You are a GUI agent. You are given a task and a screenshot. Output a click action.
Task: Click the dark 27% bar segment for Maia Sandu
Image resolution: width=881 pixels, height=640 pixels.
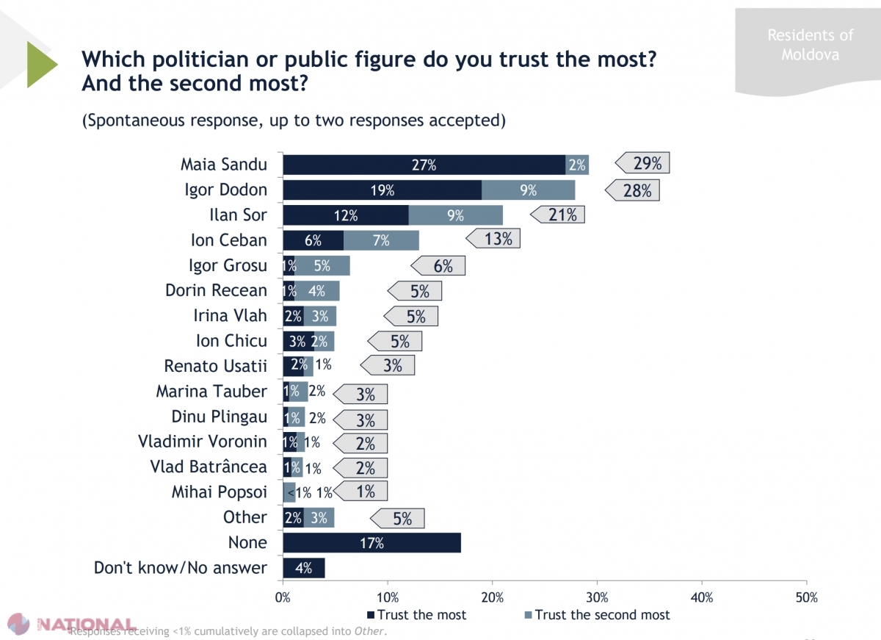(x=424, y=165)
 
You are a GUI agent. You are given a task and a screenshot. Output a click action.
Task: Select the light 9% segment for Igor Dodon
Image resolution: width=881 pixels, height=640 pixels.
(x=529, y=190)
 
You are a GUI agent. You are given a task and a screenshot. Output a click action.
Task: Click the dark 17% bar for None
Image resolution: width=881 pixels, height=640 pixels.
(x=371, y=543)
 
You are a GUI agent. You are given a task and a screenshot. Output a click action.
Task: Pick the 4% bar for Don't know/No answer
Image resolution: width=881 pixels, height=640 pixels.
(x=303, y=568)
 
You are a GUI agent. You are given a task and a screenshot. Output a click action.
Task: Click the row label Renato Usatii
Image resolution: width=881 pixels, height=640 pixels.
(x=215, y=365)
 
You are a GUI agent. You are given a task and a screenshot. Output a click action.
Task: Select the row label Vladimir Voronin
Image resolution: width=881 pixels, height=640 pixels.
(x=203, y=442)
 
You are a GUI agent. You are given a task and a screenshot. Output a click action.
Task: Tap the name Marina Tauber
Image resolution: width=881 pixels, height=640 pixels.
(x=211, y=391)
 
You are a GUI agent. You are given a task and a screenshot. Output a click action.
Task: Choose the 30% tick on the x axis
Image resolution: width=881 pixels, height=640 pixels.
(x=597, y=597)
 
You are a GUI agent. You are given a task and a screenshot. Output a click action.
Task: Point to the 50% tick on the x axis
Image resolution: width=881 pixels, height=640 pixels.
(x=806, y=597)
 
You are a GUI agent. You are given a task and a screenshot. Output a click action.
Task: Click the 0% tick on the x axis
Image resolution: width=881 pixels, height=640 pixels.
(x=283, y=597)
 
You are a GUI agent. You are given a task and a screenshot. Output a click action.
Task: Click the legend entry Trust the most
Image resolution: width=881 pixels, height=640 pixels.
(x=416, y=615)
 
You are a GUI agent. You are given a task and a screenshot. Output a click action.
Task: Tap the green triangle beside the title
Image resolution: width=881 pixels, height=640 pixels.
(x=41, y=65)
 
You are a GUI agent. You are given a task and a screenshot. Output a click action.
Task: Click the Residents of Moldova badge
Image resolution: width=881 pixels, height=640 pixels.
(x=810, y=45)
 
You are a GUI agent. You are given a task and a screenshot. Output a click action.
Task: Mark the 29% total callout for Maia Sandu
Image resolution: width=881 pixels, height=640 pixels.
(x=643, y=164)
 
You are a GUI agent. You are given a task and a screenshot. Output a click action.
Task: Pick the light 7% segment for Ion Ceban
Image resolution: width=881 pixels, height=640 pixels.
(x=381, y=240)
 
